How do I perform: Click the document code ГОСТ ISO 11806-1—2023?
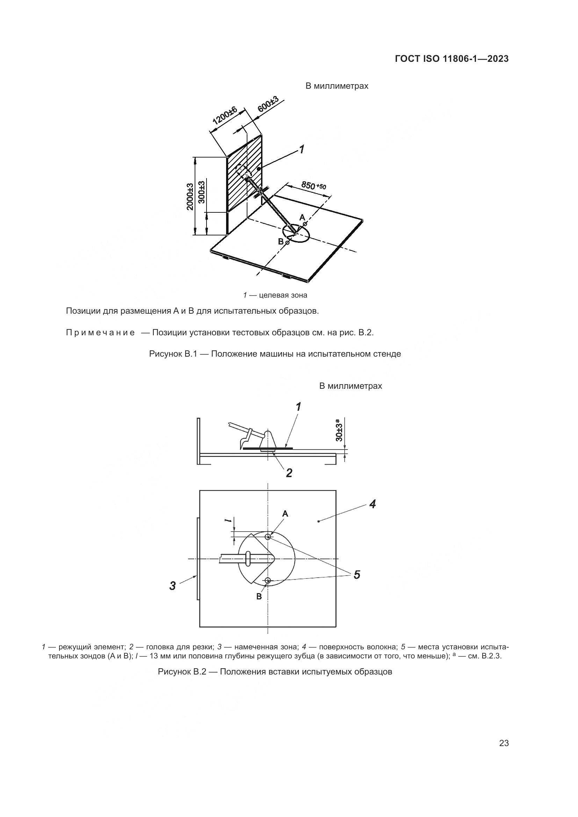pos(451,59)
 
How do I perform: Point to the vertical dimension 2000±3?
pos(190,196)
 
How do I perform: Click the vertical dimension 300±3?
pos(201,192)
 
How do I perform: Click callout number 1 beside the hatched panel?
pos(302,149)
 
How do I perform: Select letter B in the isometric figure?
pos(281,242)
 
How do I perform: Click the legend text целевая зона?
pos(283,296)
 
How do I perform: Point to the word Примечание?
pos(100,333)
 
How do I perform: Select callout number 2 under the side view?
pos(289,473)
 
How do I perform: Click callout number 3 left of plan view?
pos(173,585)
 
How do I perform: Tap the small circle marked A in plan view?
pos(268,537)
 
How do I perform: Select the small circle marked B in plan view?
pos(268,581)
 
